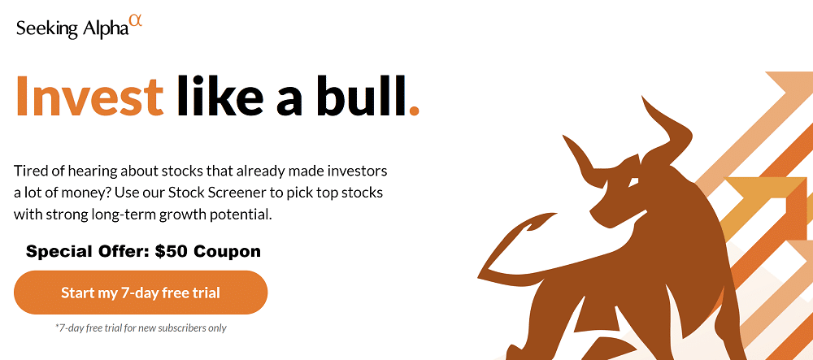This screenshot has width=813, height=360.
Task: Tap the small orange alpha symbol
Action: [x=135, y=21]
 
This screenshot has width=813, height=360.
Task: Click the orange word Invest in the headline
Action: [x=89, y=96]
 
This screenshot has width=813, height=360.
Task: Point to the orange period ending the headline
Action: [x=414, y=110]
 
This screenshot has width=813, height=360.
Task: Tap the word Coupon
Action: [x=227, y=253]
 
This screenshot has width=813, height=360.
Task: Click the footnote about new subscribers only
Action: [x=141, y=327]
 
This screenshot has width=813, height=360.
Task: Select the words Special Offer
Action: [x=88, y=253]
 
